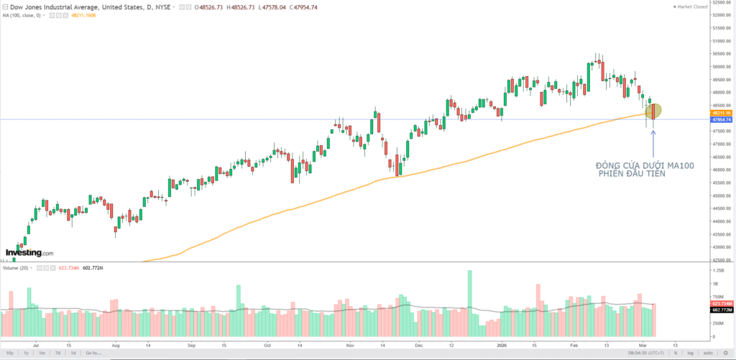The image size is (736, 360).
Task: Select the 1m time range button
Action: [42, 353]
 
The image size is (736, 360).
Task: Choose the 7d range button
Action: [57, 353]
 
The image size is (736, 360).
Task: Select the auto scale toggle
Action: [707, 353]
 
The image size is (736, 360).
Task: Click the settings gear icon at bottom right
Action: [727, 353]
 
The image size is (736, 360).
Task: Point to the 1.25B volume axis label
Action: [717, 270]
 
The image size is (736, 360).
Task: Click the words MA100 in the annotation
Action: [681, 166]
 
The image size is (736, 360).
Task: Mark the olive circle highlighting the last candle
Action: [653, 111]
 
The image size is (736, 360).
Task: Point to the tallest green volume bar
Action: [470, 302]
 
